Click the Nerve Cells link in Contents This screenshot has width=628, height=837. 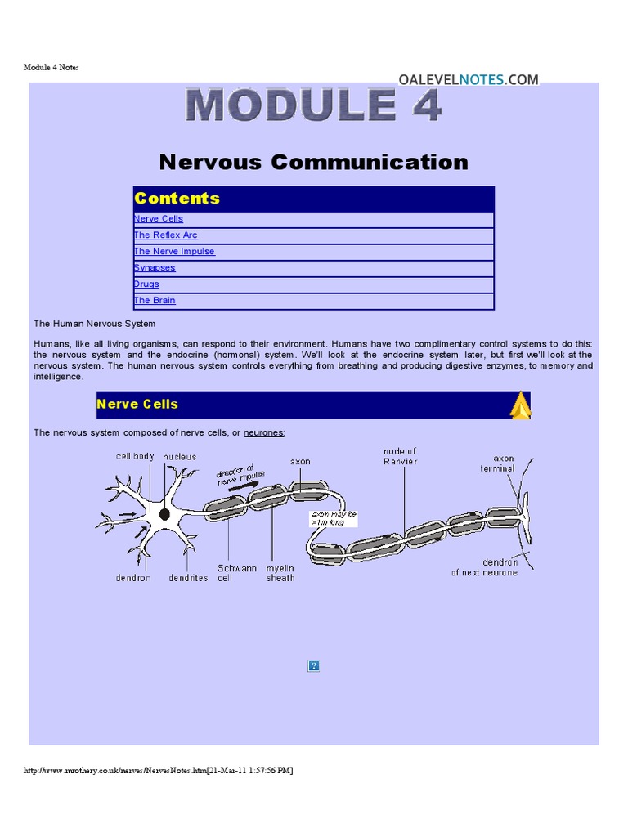pos(159,219)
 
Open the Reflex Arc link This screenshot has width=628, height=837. pos(166,235)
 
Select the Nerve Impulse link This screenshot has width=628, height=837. pos(174,252)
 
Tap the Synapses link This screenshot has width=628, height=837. pos(155,268)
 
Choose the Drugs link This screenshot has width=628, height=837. pos(147,284)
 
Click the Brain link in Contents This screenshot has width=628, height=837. pos(155,301)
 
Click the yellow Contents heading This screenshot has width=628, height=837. pos(177,199)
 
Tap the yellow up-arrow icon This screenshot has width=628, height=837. pos(520,405)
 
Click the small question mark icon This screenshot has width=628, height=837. pos(313,666)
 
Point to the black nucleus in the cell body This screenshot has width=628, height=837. pos(164,514)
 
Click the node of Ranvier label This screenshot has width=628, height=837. pos(400,456)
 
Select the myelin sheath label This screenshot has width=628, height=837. pos(280,572)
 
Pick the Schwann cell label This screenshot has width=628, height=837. pos(237,572)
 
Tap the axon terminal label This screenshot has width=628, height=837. pos(497,463)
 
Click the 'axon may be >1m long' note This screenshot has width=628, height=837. pos(334,518)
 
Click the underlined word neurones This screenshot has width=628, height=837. pos(264,432)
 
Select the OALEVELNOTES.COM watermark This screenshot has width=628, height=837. pos(469,79)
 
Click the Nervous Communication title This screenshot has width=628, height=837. pos(314,162)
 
